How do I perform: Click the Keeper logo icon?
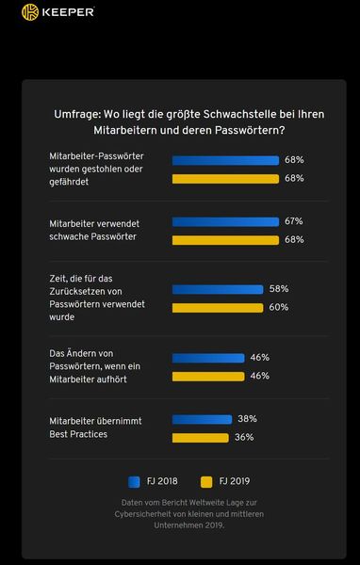coord(29,12)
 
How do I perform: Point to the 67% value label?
coord(293,220)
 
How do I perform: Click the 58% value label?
coord(278,289)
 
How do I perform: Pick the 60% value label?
coord(279,307)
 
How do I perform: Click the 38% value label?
coord(247,419)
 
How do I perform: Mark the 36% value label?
coord(244,437)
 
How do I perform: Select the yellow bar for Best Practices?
coord(200,437)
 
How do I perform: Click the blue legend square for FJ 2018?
coord(132,480)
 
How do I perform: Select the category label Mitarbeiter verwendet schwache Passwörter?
coord(93,230)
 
